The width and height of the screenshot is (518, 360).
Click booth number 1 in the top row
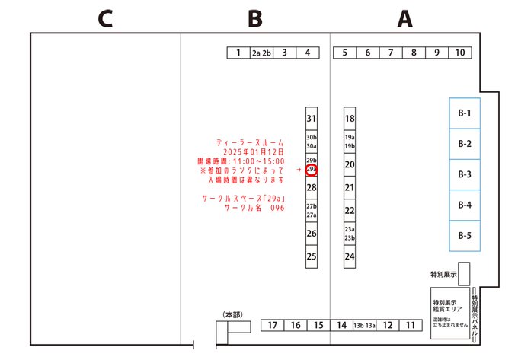tap(238, 53)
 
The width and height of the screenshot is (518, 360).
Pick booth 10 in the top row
tap(460, 53)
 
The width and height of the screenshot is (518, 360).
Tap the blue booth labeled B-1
tap(464, 114)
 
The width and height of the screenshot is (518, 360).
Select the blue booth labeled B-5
tap(464, 235)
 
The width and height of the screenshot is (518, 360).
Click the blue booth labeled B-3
tap(464, 174)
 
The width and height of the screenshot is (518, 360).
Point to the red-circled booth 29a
tap(311, 170)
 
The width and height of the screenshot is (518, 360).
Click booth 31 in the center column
tap(311, 119)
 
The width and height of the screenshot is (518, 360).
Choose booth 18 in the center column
tap(350, 119)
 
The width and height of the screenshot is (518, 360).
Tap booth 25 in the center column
tap(311, 256)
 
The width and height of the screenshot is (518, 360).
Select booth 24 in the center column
tap(350, 256)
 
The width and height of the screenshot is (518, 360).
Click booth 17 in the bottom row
tap(272, 326)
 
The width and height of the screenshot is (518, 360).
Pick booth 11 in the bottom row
tap(410, 326)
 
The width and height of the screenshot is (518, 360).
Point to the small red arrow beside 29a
tap(299, 170)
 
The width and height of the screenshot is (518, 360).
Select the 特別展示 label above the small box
tap(443, 273)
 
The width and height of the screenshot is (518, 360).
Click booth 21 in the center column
tap(350, 187)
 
